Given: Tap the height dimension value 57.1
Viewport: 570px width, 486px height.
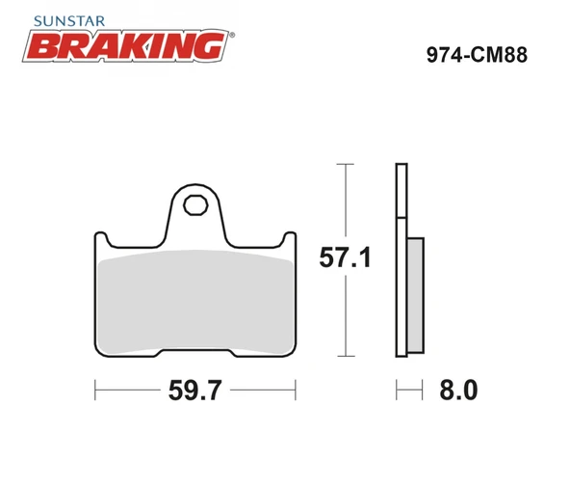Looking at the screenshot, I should click(x=345, y=258).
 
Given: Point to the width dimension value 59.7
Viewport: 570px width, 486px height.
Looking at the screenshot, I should click(x=195, y=391).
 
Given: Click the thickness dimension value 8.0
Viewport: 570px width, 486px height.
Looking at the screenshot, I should click(x=457, y=391).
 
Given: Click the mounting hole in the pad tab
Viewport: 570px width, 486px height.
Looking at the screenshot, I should click(x=196, y=204).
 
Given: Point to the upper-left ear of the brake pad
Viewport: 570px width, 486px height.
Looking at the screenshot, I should click(x=101, y=239).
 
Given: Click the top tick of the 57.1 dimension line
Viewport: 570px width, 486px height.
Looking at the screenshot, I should click(x=345, y=165).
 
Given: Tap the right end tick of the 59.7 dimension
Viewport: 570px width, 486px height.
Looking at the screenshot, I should click(x=297, y=391).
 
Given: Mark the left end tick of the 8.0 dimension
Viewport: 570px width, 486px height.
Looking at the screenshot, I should click(x=397, y=391).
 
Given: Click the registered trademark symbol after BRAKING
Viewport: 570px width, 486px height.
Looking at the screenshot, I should click(x=232, y=34).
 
